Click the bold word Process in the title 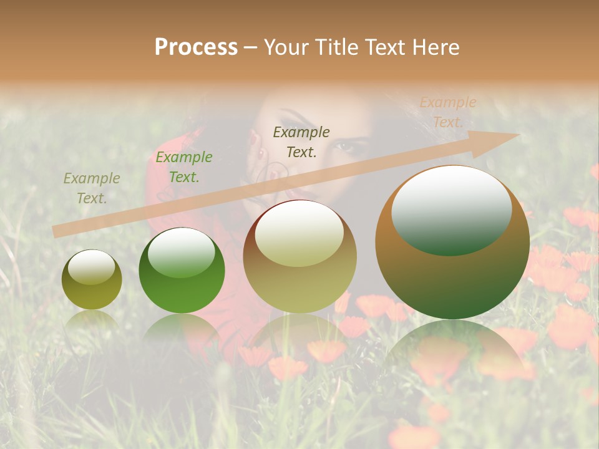(196, 47)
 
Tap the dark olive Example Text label (301, 142)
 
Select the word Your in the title (285, 47)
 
